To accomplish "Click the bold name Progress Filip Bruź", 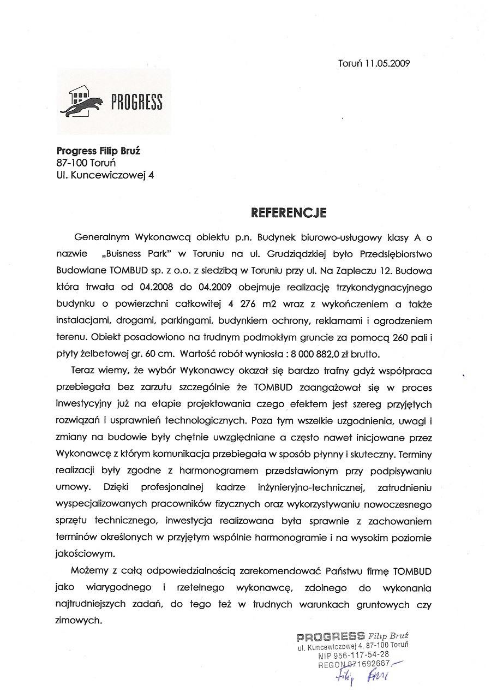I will coord(98,151).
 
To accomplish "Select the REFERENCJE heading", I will coord(288,211).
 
